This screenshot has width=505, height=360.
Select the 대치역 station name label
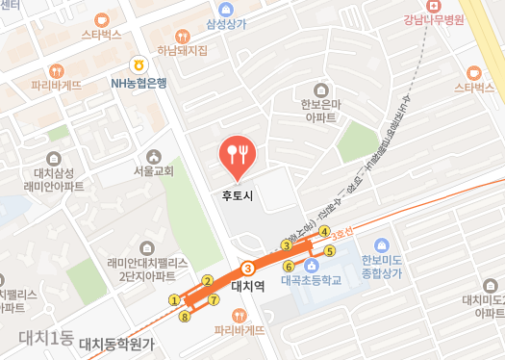(249, 285)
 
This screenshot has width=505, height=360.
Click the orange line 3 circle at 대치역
(249, 268)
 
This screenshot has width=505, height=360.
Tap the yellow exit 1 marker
(174, 299)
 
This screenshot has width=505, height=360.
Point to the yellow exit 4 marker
(325, 231)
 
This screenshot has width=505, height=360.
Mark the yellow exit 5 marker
(330, 251)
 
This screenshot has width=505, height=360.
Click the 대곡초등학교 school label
(312, 282)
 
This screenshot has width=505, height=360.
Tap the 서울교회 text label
(154, 171)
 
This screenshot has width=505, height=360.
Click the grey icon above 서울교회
(153, 156)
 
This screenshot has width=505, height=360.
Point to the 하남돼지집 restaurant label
(182, 50)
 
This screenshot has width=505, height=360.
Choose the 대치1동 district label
(46, 338)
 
